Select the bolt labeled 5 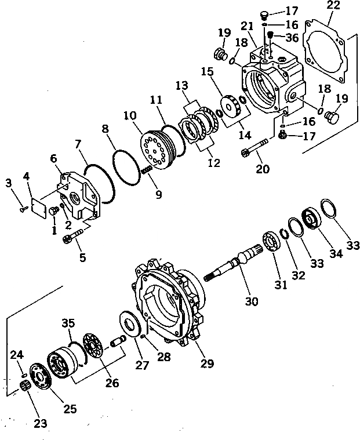78,237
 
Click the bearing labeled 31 271,240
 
